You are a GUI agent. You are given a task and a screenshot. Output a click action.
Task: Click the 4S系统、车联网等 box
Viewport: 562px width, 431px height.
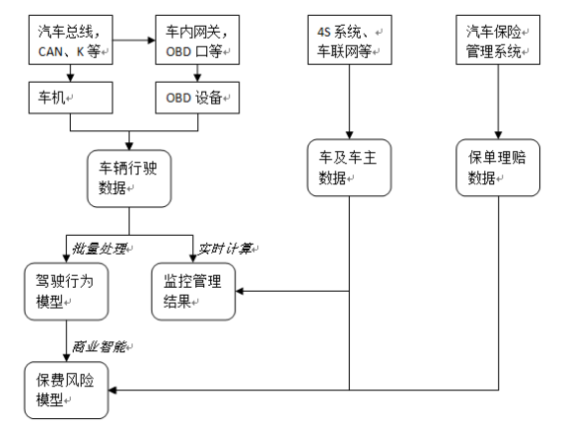click(346, 42)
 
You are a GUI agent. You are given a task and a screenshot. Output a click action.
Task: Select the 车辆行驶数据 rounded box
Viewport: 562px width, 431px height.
click(129, 177)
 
